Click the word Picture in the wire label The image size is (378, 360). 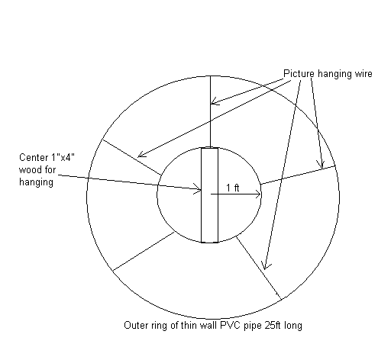click(299, 74)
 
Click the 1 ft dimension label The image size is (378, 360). click(233, 188)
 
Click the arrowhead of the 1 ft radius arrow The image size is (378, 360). click(260, 194)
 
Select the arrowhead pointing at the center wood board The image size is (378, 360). click(199, 189)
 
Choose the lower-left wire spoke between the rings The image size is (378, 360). click(144, 251)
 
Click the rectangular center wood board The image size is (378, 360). click(209, 195)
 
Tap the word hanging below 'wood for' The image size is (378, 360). click(36, 182)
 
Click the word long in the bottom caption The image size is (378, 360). click(294, 326)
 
